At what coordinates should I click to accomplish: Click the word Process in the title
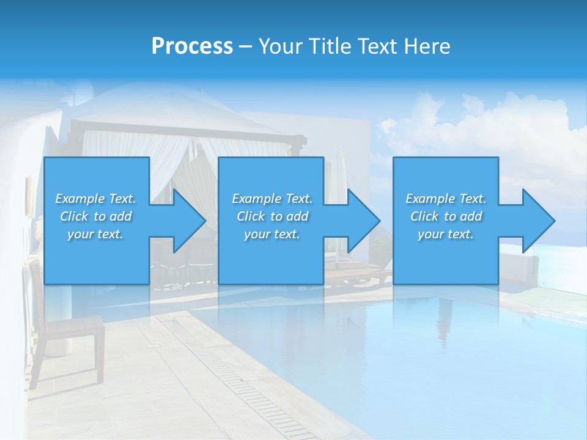pyautogui.click(x=192, y=46)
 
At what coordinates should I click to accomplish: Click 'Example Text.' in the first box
pyautogui.click(x=96, y=199)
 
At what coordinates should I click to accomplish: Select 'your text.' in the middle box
pyautogui.click(x=271, y=234)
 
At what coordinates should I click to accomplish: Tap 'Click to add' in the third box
pyautogui.click(x=446, y=216)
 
